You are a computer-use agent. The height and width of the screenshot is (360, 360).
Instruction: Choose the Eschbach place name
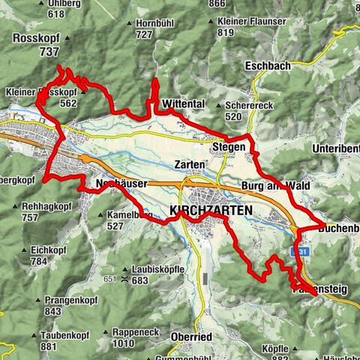click(267, 66)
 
